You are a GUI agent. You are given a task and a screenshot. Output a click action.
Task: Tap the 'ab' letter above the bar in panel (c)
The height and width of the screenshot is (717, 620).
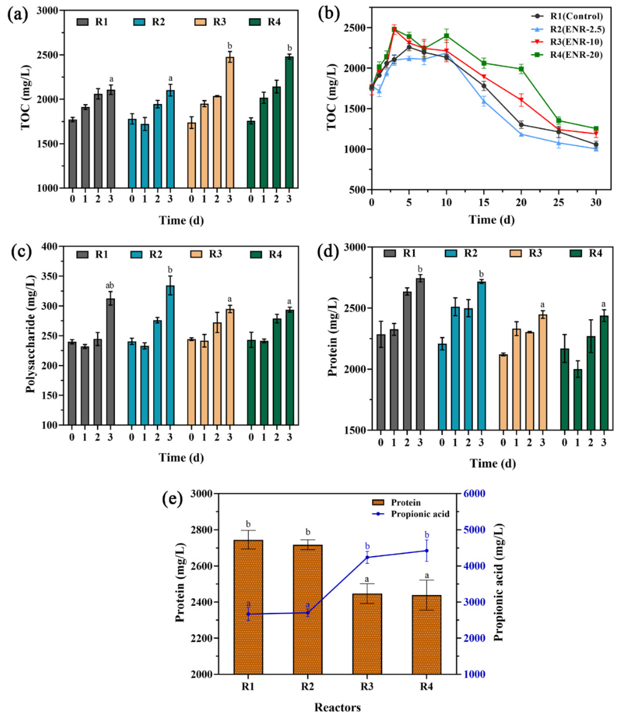click(x=110, y=285)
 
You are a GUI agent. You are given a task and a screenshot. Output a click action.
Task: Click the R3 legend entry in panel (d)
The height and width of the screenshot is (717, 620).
click(x=526, y=253)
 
